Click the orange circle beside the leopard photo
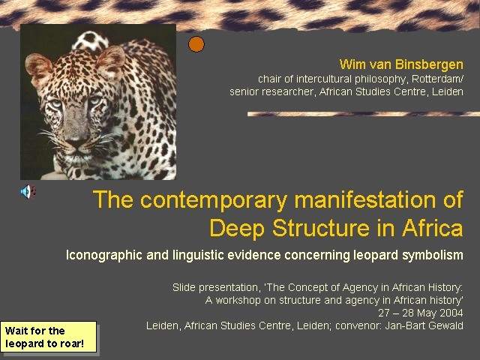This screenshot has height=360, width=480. point(196,44)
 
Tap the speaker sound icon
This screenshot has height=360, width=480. point(28,192)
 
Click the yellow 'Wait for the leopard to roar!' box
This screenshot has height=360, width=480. point(48,337)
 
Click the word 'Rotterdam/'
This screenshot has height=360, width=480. point(437,79)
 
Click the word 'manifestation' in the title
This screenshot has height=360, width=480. point(364,199)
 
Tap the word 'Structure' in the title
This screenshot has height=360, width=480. point(321,228)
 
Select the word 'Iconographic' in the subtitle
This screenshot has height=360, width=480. point(104,255)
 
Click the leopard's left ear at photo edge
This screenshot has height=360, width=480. point(37,67)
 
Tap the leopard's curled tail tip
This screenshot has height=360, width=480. point(90,40)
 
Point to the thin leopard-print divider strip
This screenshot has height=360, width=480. point(364,114)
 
